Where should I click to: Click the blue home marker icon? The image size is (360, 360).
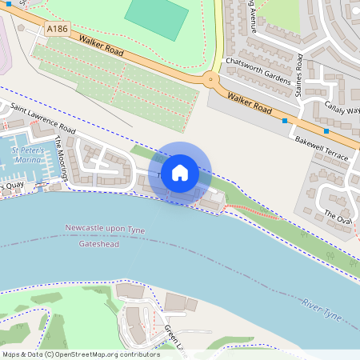click(x=180, y=172)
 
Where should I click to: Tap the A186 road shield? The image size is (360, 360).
click(x=57, y=29)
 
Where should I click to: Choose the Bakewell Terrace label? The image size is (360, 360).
click(x=322, y=148)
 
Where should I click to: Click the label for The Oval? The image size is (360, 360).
click(x=338, y=216)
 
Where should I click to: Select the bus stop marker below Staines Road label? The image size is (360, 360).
click(x=286, y=121)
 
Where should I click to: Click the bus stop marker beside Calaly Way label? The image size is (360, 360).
click(x=326, y=130)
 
